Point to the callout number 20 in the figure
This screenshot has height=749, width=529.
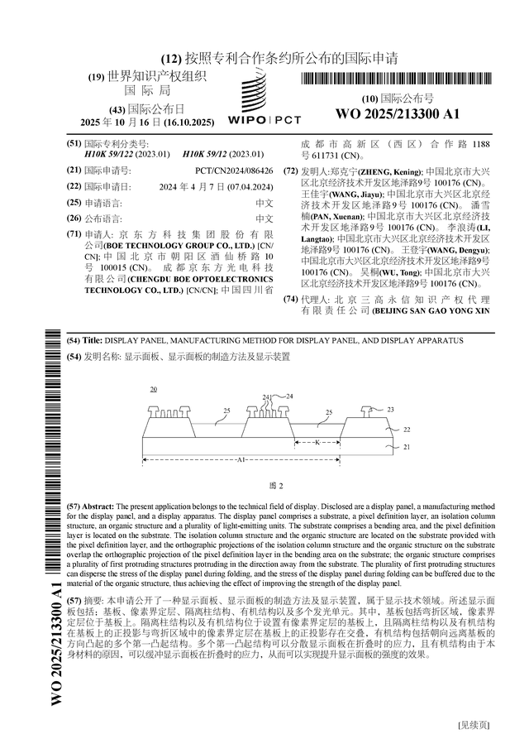[154, 389]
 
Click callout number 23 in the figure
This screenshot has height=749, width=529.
[390, 410]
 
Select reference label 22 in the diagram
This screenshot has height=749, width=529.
[406, 430]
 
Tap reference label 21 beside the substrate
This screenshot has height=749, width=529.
[406, 447]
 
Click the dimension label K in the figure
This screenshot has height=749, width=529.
[317, 443]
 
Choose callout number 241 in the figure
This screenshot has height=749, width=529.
[267, 397]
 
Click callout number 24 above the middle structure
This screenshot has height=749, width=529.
[288, 396]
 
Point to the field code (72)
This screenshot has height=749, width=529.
[290, 170]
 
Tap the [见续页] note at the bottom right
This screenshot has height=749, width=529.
[473, 726]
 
